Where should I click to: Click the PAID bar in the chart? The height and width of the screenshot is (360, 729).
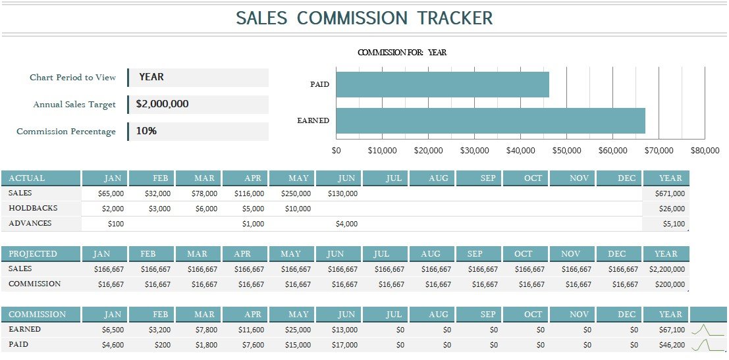pos(442,84)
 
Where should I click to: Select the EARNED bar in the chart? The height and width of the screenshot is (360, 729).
pos(490,120)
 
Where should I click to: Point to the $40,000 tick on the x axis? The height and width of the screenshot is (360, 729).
pos(520,151)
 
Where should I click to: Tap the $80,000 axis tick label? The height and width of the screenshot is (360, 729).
pos(705,151)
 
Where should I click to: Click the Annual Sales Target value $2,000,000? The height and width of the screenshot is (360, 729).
pos(163,104)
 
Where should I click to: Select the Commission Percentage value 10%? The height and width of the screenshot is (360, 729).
pos(146,131)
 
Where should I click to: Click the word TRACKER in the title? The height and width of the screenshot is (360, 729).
pos(455,18)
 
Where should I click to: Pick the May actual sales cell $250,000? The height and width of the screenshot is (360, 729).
pos(296,194)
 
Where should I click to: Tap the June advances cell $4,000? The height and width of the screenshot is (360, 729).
pos(346,224)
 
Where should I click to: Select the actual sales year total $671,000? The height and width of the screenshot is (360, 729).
pos(670,194)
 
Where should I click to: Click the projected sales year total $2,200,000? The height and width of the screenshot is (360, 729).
pos(666,269)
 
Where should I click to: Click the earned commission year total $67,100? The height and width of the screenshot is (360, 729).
pos(672,330)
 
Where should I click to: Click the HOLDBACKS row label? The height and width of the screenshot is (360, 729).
pos(33,208)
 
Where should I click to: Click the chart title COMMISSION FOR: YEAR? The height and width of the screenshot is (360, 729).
pos(402,53)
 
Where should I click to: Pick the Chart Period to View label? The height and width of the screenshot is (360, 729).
pos(72,78)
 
